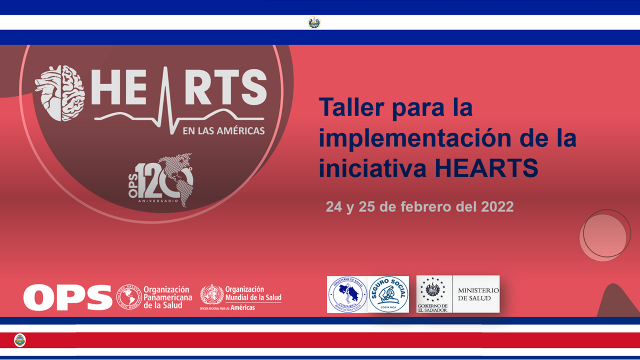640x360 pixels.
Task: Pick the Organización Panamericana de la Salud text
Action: coord(167,297)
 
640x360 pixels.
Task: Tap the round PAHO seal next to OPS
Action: coord(128,296)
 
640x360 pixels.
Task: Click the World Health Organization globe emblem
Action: coord(211,295)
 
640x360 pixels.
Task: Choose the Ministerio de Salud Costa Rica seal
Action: coord(347,294)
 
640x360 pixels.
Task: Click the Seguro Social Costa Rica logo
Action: coord(389,294)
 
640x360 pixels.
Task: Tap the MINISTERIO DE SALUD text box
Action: coord(476,294)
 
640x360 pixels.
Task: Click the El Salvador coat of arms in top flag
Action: coord(314,23)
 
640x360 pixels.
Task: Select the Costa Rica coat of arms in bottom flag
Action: coord(20,340)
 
